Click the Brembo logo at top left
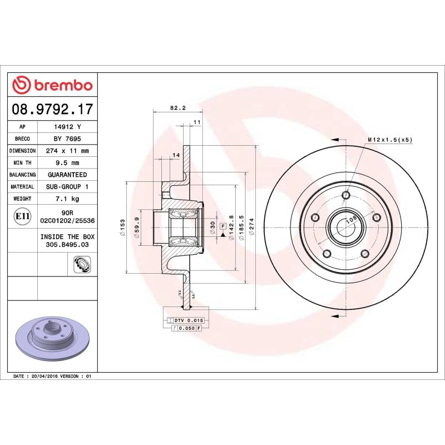tap(52, 85)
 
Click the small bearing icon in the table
tap(81, 265)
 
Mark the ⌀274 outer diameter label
tap(251, 228)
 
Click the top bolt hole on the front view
tap(346, 195)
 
